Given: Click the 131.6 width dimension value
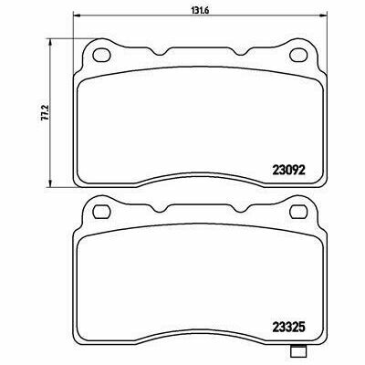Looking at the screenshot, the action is coord(199,9).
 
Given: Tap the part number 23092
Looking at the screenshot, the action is coord(287,171).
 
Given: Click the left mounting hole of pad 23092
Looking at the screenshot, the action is coord(101,55).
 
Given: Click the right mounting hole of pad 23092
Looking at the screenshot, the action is coord(299,55).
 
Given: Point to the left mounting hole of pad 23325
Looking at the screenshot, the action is coord(101,212).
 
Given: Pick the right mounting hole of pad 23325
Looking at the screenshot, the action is coord(299,212).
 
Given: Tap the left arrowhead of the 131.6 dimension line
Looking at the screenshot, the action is coord(77,15).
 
